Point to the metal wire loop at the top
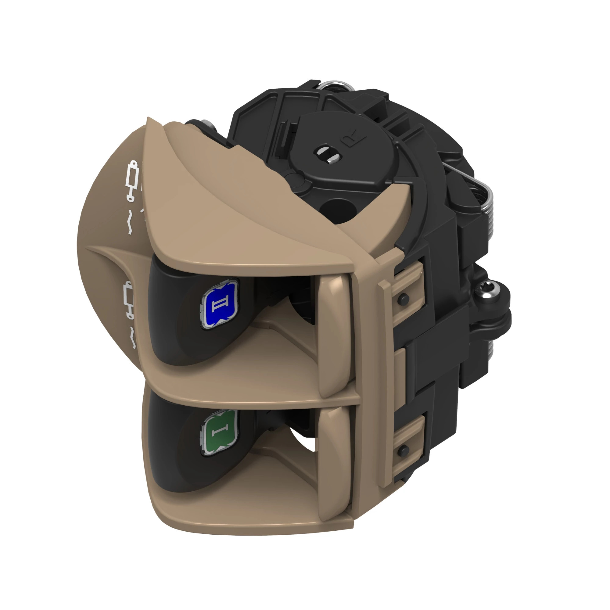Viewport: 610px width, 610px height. (x=335, y=85)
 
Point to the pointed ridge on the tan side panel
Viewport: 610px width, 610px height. (x=95, y=248)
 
